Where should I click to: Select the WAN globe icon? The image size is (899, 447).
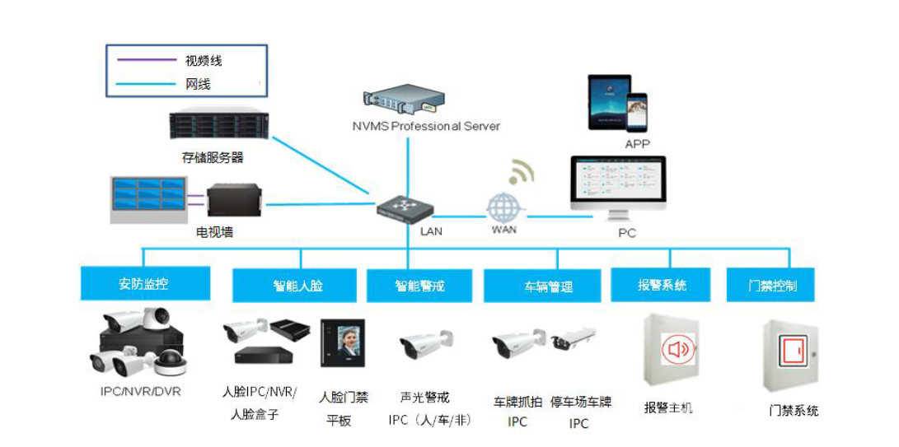click(503, 207)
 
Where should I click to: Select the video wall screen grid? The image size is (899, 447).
click(148, 197)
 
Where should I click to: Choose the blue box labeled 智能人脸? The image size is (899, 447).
click(294, 286)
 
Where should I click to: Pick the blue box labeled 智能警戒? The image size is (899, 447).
click(419, 286)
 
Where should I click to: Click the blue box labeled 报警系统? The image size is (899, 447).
click(662, 285)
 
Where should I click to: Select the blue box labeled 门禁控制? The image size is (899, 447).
click(772, 286)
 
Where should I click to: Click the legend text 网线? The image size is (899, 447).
click(198, 84)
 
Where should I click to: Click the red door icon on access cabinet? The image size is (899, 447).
click(792, 352)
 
